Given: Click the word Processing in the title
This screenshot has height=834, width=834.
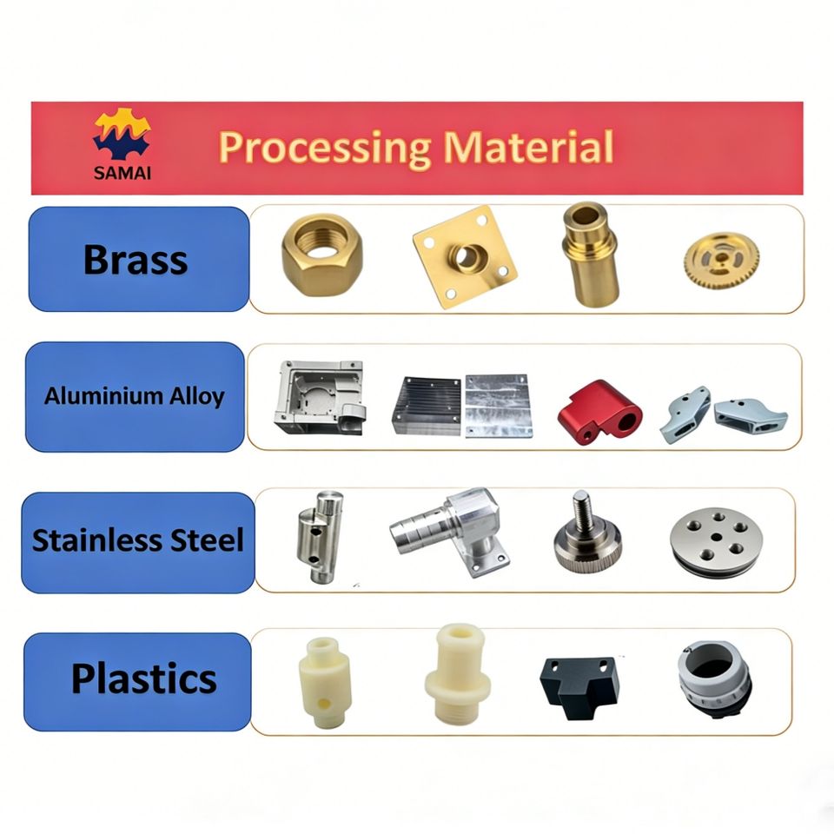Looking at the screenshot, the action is [x=324, y=148].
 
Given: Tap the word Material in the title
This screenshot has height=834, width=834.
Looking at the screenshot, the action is [x=528, y=148].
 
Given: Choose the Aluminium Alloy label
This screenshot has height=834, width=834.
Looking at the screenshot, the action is [x=135, y=396].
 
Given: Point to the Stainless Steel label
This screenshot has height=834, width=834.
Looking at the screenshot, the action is [x=138, y=540].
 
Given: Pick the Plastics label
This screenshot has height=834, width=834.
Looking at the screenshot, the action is [x=137, y=679].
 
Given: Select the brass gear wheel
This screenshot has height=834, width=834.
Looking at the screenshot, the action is [x=721, y=261].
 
